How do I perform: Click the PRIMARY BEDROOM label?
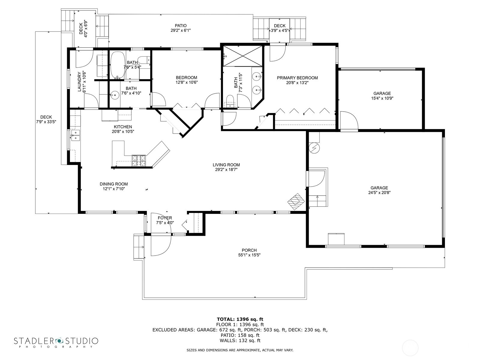(297, 78)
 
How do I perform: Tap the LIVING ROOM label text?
(226, 165)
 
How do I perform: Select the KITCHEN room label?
(123, 127)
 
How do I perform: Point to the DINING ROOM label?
(114, 184)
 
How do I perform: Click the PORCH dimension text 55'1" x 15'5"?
(249, 255)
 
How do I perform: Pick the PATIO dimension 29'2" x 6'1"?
(181, 30)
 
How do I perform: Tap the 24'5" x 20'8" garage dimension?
(379, 193)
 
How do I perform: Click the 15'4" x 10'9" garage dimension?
(382, 98)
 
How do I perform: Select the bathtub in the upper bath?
(117, 65)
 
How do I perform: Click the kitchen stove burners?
(139, 160)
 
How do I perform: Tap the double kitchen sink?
(75, 136)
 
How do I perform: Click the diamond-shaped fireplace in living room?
(296, 202)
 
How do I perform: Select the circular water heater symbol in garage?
(314, 148)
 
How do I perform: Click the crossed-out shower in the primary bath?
(242, 56)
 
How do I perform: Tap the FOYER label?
(165, 218)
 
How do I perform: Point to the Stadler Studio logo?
(56, 342)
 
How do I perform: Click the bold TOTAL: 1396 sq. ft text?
(240, 319)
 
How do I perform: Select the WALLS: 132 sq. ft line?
(240, 340)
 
